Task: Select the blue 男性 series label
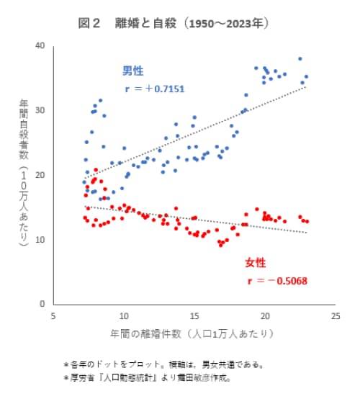[x=132, y=71]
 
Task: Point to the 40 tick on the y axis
[x=40, y=46]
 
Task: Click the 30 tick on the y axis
[x=40, y=110]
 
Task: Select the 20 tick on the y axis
[x=40, y=175]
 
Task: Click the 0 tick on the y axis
[x=42, y=304]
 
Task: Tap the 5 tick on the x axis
[x=53, y=315]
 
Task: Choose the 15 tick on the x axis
[x=194, y=315]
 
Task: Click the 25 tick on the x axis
[x=334, y=315]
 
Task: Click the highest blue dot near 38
[x=300, y=59]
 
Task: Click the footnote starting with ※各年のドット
[x=166, y=364]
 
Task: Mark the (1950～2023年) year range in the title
[x=225, y=24]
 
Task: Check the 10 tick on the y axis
[x=40, y=239]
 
